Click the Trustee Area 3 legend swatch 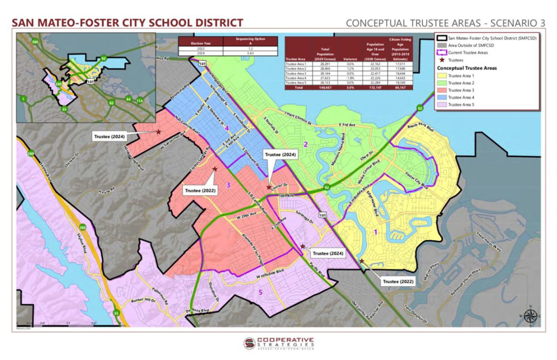442,90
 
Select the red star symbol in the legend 441,60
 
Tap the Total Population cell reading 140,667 325,88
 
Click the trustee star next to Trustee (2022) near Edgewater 362,261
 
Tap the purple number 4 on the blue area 226,127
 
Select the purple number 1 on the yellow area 375,232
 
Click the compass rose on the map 530,315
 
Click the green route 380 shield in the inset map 35,41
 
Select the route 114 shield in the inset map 139,101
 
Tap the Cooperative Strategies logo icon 250,343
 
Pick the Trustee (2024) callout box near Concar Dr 280,155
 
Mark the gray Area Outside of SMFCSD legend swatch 442,45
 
